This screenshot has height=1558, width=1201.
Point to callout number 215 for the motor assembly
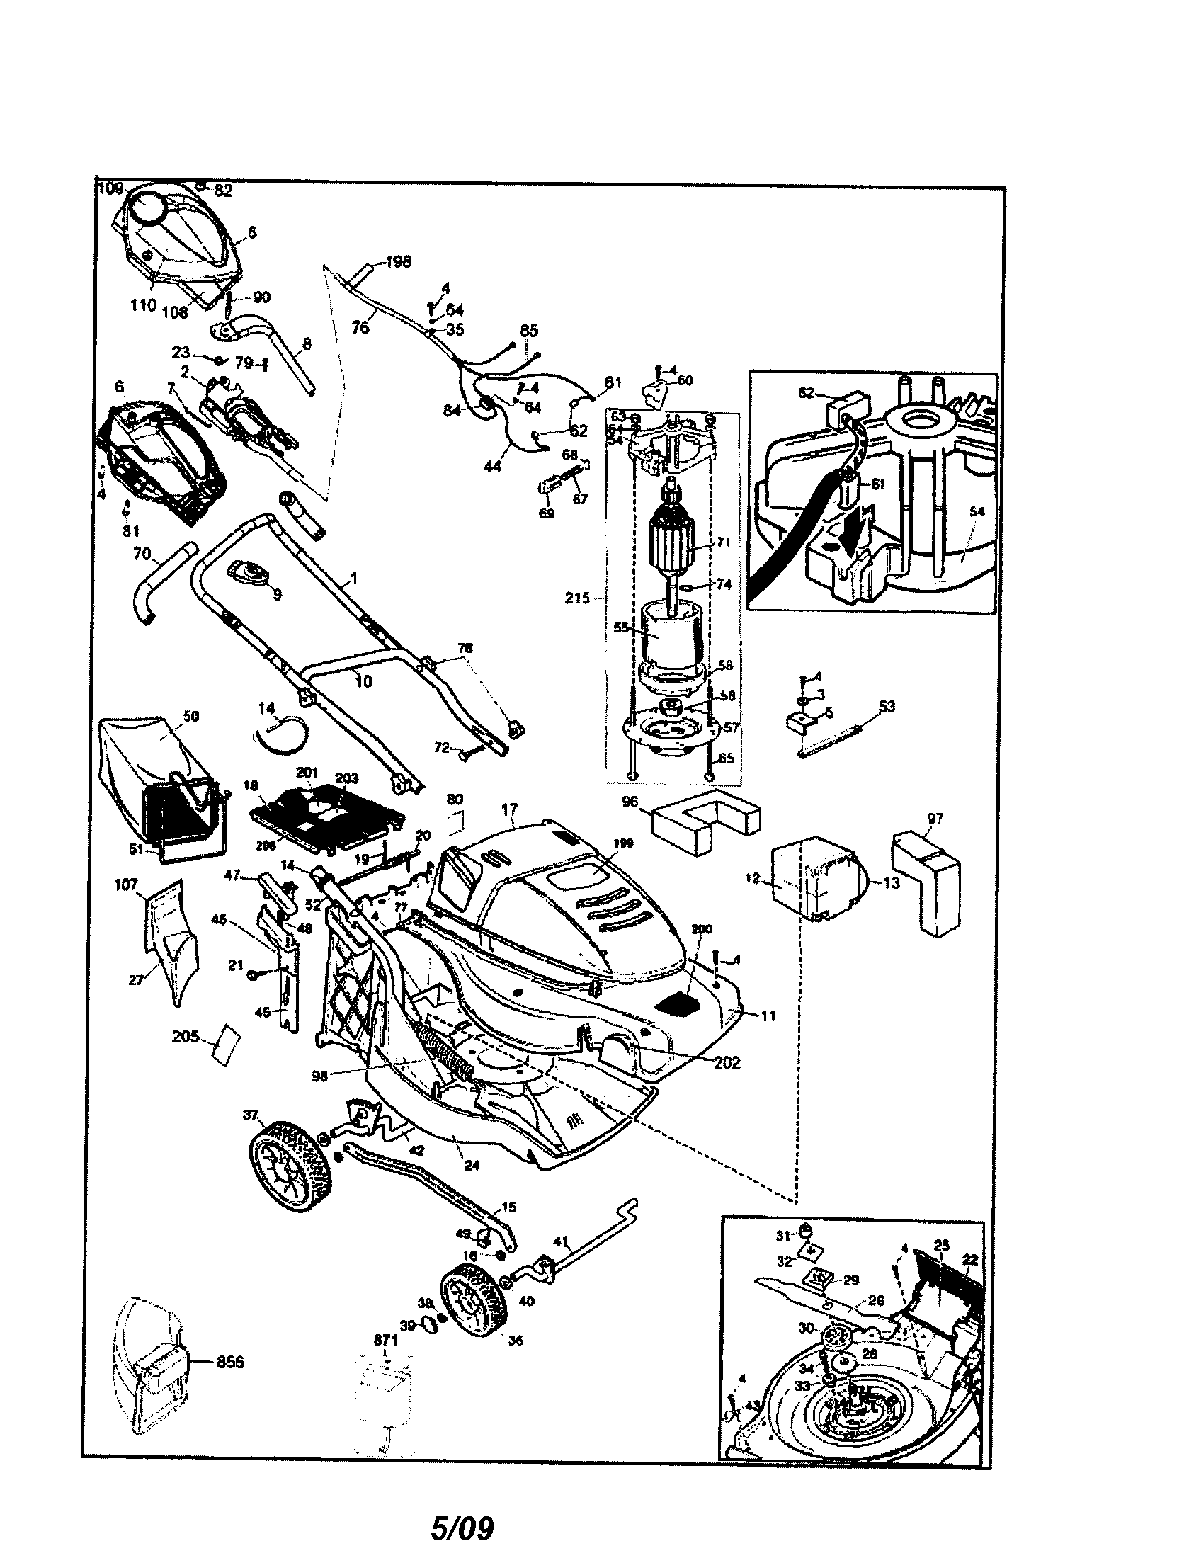pos(578,598)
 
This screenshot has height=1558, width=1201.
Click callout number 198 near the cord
pos(399,262)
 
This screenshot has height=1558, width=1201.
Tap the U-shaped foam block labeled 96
pos(706,818)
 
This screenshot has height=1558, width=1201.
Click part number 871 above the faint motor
pos(385,1341)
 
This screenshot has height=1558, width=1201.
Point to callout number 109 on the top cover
pos(110,188)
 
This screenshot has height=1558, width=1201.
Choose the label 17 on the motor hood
pos(509,809)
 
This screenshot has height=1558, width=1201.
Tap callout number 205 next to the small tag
pos(185,1037)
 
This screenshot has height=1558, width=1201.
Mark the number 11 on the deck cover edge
pos(768,1016)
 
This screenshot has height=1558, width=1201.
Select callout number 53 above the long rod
pos(887,706)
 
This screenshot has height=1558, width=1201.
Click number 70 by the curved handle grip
pos(142,553)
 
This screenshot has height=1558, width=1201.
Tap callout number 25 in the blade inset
pos(942,1245)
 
